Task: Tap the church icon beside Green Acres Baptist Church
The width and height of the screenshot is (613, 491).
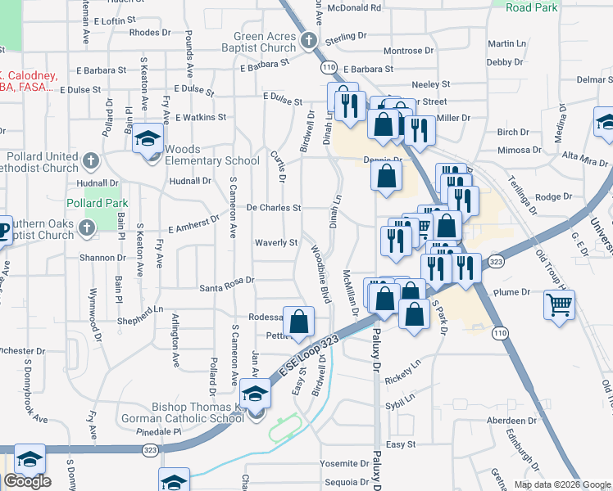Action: pos(309,41)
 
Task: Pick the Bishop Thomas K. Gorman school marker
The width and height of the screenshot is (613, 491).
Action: pos(256,396)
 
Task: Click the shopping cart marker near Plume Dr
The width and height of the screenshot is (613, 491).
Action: pos(560,304)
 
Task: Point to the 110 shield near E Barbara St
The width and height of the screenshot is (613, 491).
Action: pos(329,66)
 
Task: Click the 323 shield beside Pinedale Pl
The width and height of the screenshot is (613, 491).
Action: pos(150,449)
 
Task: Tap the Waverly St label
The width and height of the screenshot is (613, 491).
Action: pos(276,242)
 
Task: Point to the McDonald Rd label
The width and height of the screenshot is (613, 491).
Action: pos(354,7)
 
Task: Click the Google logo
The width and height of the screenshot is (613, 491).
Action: pos(27,481)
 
